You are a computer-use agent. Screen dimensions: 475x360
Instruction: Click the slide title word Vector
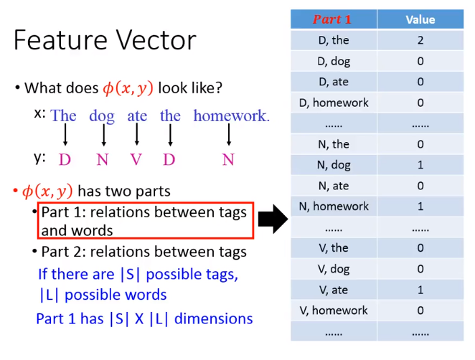(x=156, y=41)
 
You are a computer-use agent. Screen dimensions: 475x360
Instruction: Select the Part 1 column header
(x=334, y=19)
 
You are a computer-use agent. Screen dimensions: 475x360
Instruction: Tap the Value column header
(x=420, y=19)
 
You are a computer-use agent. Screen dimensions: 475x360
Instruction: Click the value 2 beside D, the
(x=420, y=40)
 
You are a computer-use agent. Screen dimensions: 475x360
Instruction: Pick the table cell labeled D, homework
(x=334, y=103)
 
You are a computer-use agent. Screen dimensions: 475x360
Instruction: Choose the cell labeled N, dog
(x=334, y=165)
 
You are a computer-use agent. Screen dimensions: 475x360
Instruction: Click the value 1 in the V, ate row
(x=420, y=290)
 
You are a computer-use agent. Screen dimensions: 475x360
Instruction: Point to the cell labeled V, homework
(x=334, y=311)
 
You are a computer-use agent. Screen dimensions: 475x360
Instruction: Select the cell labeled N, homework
(x=334, y=207)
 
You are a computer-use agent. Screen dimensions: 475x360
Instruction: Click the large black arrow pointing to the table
(x=273, y=219)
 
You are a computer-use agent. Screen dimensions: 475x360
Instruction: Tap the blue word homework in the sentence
(x=232, y=115)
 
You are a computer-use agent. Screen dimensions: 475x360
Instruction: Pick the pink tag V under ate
(x=136, y=159)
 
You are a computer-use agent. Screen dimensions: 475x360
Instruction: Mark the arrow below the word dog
(x=103, y=135)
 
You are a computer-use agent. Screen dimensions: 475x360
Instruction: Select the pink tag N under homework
(x=228, y=159)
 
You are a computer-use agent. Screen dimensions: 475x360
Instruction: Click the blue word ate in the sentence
(x=137, y=116)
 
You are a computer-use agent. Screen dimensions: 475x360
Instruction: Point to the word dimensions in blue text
(x=214, y=318)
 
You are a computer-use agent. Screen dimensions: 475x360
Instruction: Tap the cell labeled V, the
(x=334, y=248)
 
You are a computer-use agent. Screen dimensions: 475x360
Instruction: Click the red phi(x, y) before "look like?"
(x=128, y=88)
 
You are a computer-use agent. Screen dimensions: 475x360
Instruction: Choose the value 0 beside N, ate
(x=420, y=186)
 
